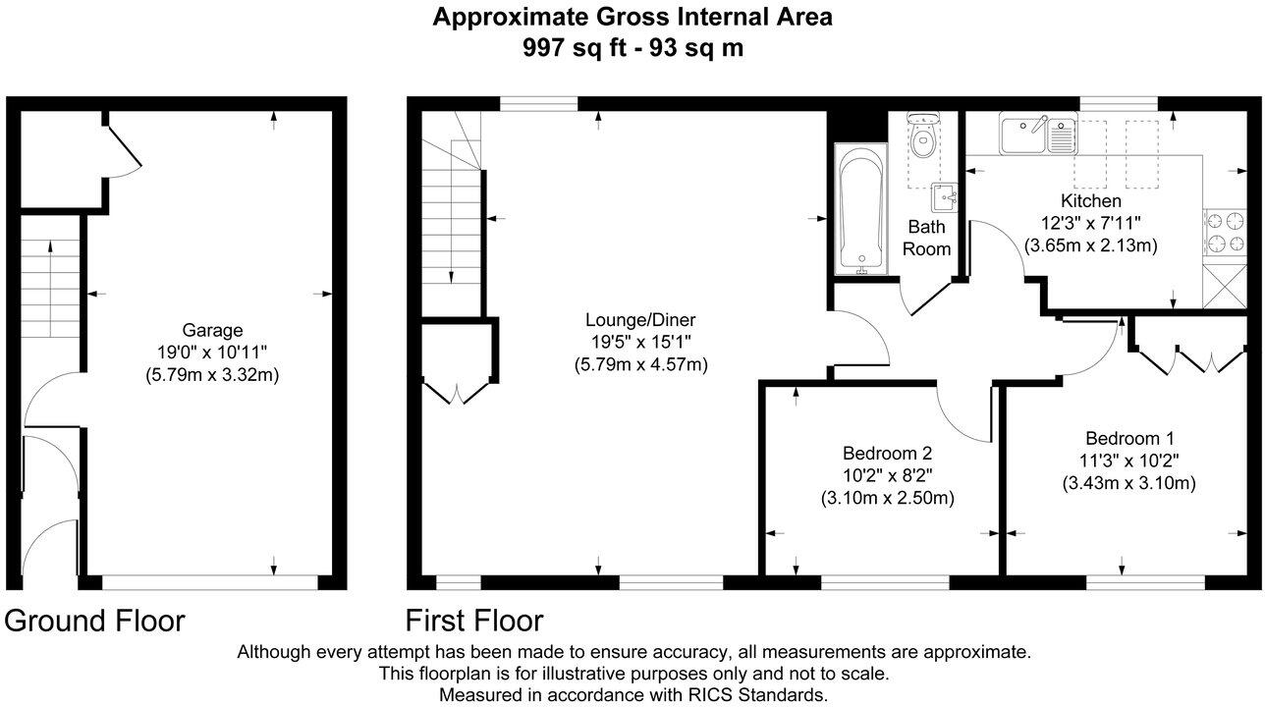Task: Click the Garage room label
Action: click(x=211, y=331)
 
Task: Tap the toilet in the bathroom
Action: click(x=922, y=140)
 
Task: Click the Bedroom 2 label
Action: click(x=887, y=454)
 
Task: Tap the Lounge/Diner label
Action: click(x=640, y=320)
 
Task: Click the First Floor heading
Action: click(x=474, y=621)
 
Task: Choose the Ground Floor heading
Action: click(x=94, y=621)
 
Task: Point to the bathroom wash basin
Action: click(x=946, y=196)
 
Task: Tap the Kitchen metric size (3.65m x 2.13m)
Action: click(x=1090, y=245)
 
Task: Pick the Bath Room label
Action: click(x=927, y=238)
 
